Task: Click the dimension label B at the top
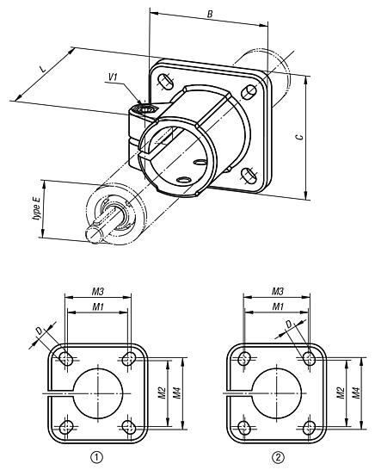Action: pos(211,15)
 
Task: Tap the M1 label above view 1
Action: pos(98,306)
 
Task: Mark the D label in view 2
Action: pos(290,325)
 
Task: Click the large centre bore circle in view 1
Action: pos(98,393)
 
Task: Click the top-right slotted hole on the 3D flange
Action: pos(249,92)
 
